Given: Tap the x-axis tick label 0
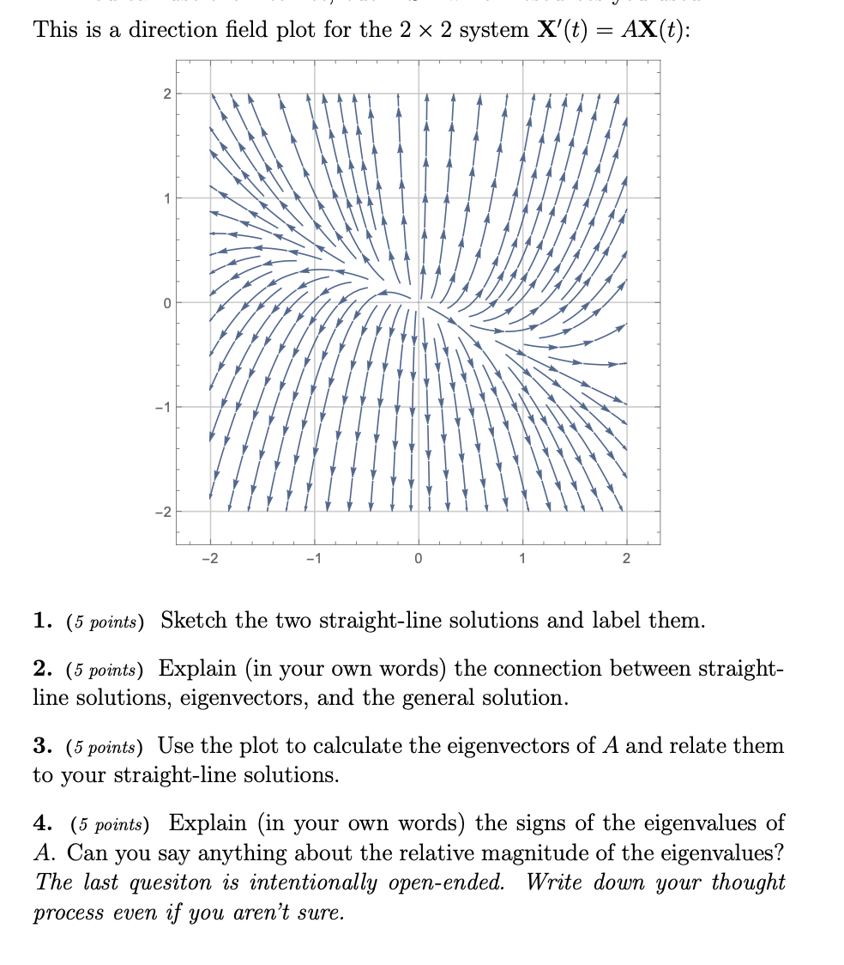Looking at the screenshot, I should click(418, 560).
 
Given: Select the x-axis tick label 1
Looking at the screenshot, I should click(522, 560).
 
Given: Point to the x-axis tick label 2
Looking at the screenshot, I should click(626, 560).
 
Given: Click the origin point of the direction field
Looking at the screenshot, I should click(418, 302).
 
